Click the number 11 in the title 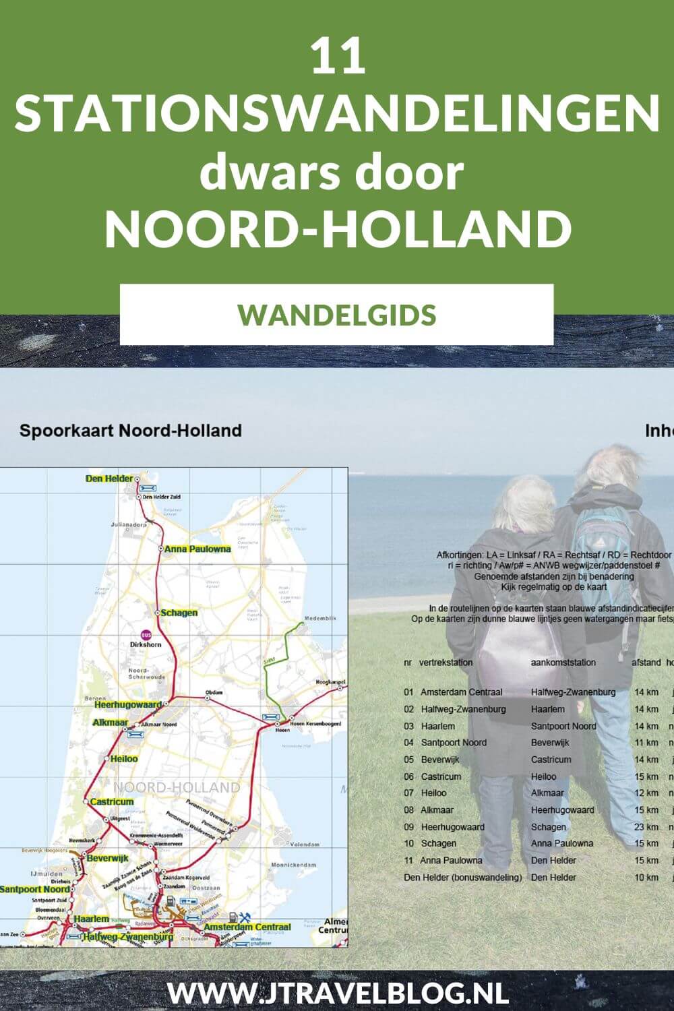[x=338, y=57]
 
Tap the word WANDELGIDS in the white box [x=337, y=315]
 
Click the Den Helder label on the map [x=109, y=479]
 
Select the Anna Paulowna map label [x=197, y=549]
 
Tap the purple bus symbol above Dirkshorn [x=146, y=634]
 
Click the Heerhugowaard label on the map [x=127, y=704]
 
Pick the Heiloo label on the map [x=124, y=759]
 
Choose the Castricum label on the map [x=112, y=801]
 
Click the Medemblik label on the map [x=320, y=618]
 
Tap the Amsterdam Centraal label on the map [x=247, y=927]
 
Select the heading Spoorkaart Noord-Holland [x=130, y=431]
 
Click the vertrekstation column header [x=446, y=663]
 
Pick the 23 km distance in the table [x=646, y=826]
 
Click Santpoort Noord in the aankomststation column [x=563, y=726]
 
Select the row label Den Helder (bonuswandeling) [x=463, y=878]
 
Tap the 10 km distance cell [x=646, y=878]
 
